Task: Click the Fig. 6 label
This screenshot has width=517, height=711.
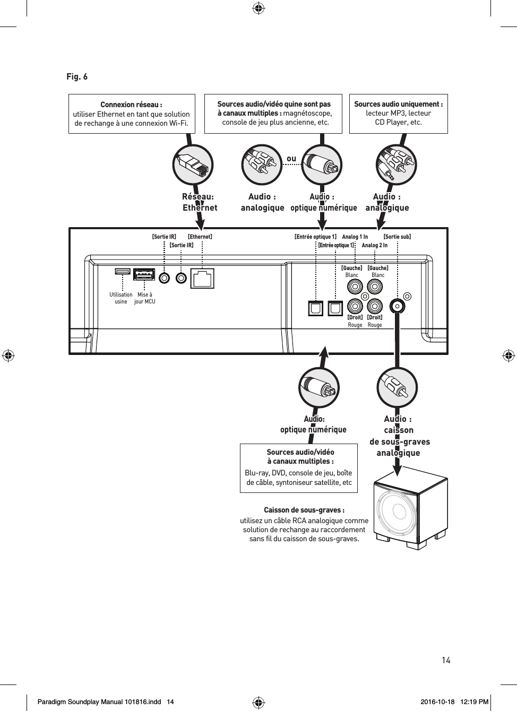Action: (77, 77)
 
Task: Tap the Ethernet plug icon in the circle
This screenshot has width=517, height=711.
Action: (193, 165)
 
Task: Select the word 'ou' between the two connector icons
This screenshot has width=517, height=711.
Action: (291, 159)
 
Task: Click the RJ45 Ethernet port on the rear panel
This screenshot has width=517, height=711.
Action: (202, 278)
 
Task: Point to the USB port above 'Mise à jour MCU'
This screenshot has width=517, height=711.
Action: (144, 275)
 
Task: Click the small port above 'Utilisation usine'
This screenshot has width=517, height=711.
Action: (123, 272)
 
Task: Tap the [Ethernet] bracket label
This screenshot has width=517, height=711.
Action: (200, 237)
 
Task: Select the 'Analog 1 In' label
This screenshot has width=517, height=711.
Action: (355, 237)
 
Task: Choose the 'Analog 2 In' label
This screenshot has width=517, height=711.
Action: (374, 245)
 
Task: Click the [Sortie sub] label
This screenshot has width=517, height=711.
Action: (397, 237)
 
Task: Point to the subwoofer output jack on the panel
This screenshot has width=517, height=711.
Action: (397, 306)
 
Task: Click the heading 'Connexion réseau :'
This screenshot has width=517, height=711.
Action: (132, 105)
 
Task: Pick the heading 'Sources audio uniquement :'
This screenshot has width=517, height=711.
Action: (398, 104)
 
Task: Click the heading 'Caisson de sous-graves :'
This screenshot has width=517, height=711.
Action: (304, 510)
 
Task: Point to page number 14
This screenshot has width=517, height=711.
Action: (446, 660)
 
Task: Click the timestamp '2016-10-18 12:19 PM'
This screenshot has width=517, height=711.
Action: (454, 702)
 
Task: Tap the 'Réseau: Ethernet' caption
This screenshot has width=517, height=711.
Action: (199, 202)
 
